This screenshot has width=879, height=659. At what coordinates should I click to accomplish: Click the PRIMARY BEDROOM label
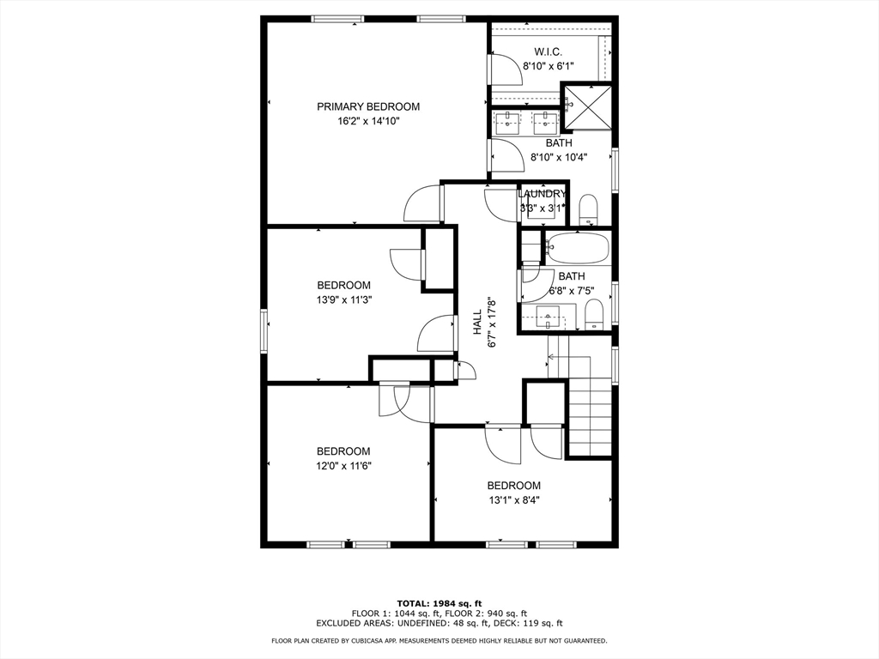pyautogui.click(x=368, y=106)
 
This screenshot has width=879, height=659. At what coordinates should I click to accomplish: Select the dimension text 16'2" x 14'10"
pyautogui.click(x=368, y=122)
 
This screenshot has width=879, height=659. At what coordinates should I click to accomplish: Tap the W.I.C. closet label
pyautogui.click(x=549, y=51)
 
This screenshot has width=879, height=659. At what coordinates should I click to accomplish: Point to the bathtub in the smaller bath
pyautogui.click(x=577, y=249)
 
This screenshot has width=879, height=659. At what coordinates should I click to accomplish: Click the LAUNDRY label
pyautogui.click(x=543, y=194)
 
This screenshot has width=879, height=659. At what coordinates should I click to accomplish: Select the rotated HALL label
pyautogui.click(x=478, y=322)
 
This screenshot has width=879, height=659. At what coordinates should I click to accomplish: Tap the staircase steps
pyautogui.click(x=589, y=420)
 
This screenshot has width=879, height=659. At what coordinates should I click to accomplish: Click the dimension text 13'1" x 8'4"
pyautogui.click(x=514, y=500)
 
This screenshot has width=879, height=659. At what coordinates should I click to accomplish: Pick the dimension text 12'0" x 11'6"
pyautogui.click(x=343, y=466)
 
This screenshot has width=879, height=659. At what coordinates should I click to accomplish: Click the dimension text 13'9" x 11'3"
pyautogui.click(x=343, y=299)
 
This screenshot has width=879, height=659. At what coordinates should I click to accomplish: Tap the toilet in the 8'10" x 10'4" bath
pyautogui.click(x=588, y=209)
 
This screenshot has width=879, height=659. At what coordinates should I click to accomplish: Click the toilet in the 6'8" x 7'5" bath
pyautogui.click(x=594, y=315)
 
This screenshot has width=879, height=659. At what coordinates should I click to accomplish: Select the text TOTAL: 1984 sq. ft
pyautogui.click(x=439, y=602)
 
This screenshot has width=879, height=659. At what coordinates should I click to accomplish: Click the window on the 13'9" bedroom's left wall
pyautogui.click(x=264, y=330)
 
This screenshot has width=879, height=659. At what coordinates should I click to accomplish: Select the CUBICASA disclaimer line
pyautogui.click(x=439, y=640)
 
